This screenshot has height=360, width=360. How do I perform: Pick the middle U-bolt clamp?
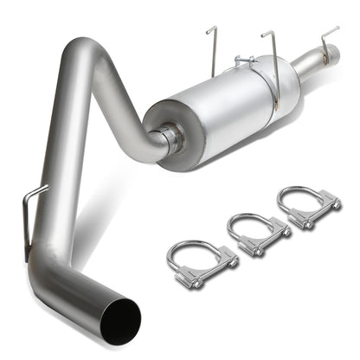[256, 235]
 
